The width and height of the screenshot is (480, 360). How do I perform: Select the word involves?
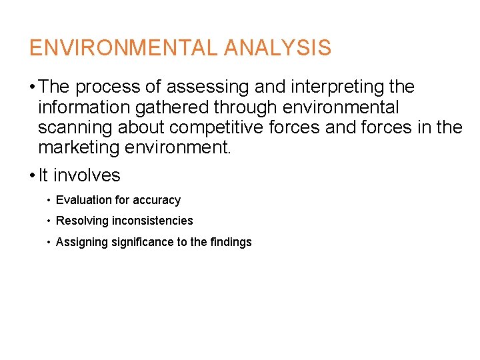click(87, 176)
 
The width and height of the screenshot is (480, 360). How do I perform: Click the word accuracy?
click(157, 200)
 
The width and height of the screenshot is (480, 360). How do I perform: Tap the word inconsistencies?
click(151, 221)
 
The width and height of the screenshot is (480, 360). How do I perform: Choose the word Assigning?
click(81, 242)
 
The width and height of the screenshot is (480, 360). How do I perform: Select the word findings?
click(231, 242)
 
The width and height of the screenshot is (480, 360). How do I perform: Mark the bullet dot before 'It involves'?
click(32, 176)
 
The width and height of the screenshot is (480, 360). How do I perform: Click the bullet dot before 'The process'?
click(32, 88)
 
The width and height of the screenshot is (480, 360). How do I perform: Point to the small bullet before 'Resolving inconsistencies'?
click(49, 221)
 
